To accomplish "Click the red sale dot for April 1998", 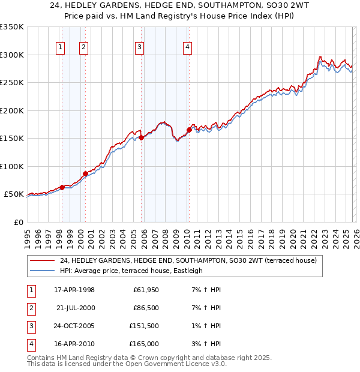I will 62,187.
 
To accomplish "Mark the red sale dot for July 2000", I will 85,173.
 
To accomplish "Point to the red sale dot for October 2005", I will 142,137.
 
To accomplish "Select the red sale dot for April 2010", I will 189,130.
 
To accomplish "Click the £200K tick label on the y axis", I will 12,110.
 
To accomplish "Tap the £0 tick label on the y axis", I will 17,222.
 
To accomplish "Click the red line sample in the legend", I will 43,261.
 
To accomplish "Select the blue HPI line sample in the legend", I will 43,271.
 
